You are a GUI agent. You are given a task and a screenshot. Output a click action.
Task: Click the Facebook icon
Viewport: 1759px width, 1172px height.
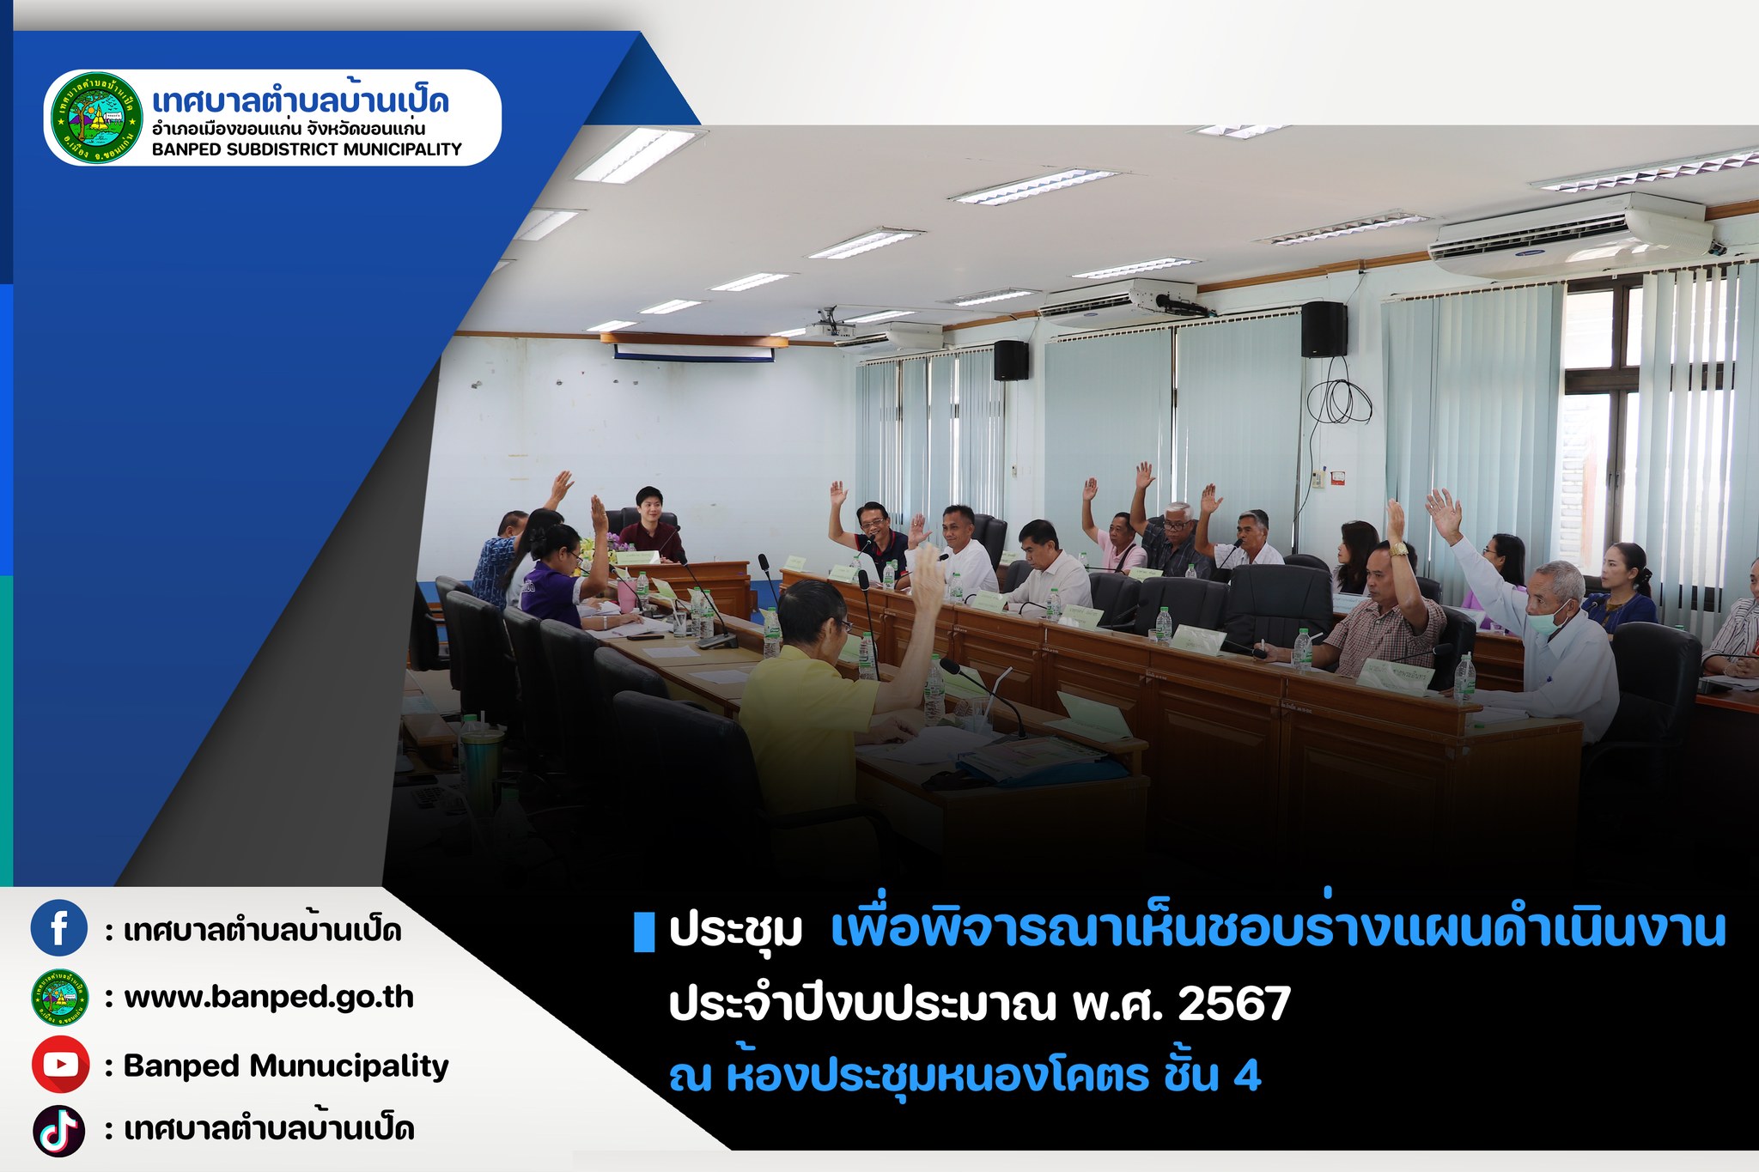click(59, 928)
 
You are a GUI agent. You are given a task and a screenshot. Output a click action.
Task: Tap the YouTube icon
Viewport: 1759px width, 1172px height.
click(60, 1065)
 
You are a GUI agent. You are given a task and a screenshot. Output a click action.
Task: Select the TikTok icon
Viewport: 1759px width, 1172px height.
click(59, 1131)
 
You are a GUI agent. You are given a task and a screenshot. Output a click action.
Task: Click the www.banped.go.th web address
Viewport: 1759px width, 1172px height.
click(269, 998)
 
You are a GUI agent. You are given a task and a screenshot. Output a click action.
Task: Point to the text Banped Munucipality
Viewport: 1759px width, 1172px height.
click(286, 1066)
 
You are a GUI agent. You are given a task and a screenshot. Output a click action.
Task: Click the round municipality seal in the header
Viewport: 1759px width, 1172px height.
click(96, 118)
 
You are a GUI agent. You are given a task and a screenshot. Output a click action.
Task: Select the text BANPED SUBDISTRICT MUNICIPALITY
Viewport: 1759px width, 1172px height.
click(307, 149)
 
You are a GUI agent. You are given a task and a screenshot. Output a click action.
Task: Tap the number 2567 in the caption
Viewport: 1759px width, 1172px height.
click(1234, 1004)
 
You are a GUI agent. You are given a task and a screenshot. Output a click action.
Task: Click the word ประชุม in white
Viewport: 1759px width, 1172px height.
click(736, 931)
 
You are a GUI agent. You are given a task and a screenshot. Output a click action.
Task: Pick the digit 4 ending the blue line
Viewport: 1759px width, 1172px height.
click(1247, 1076)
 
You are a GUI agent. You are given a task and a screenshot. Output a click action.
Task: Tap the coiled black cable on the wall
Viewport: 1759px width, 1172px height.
click(1336, 400)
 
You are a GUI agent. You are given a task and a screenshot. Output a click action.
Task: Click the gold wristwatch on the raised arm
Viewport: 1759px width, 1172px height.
click(1399, 550)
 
